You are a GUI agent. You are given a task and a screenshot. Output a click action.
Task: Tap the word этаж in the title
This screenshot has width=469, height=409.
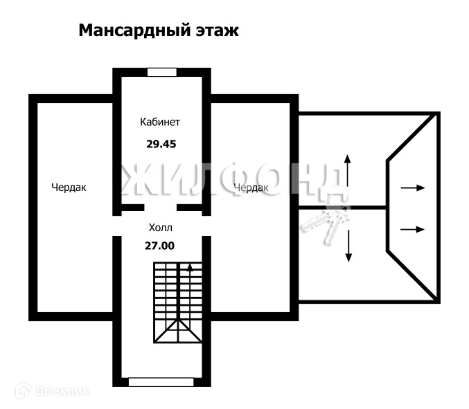pyautogui.click(x=216, y=30)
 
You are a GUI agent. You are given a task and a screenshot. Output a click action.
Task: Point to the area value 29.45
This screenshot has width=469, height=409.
pyautogui.click(x=160, y=145)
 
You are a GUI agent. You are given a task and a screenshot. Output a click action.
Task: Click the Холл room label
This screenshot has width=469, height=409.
pyautogui.click(x=160, y=227)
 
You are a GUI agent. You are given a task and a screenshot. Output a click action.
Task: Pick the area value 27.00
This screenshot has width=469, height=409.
pyautogui.click(x=160, y=244)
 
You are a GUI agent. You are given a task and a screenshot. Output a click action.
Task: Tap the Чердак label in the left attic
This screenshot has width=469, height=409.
pyautogui.click(x=69, y=187)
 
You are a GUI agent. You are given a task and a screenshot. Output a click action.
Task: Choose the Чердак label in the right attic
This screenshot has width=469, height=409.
pyautogui.click(x=251, y=188)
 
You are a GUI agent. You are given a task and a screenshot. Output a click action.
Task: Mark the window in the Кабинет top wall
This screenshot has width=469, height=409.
pyautogui.click(x=162, y=71)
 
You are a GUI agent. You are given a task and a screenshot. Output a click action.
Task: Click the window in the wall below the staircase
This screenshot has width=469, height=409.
pyautogui.click(x=161, y=381)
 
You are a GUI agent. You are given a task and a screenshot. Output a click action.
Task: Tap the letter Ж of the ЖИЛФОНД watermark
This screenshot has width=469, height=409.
pyautogui.click(x=134, y=180)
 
